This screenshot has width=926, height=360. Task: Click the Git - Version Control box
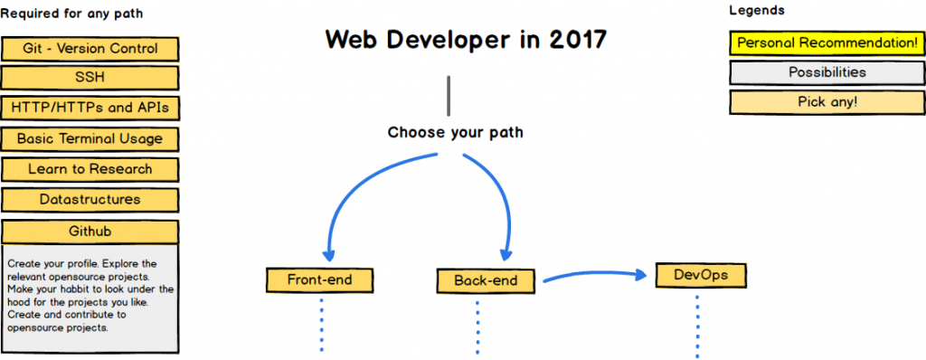pyautogui.click(x=90, y=48)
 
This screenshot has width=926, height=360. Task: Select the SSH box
pyautogui.click(x=90, y=78)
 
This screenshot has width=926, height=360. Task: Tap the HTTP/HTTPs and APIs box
pyautogui.click(x=90, y=108)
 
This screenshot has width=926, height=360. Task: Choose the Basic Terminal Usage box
pyautogui.click(x=90, y=138)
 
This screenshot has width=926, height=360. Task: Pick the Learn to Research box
pyautogui.click(x=90, y=169)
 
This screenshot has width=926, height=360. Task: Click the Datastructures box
pyautogui.click(x=90, y=200)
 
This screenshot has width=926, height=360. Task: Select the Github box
pyautogui.click(x=90, y=232)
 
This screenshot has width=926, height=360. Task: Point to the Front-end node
pyautogui.click(x=319, y=279)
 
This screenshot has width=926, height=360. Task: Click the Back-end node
pyautogui.click(x=486, y=280)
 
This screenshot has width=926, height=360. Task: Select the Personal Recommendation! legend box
pyautogui.click(x=827, y=43)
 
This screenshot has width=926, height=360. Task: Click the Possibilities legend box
pyautogui.click(x=827, y=72)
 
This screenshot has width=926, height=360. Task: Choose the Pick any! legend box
pyautogui.click(x=827, y=102)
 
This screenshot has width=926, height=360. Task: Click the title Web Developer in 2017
pyautogui.click(x=466, y=40)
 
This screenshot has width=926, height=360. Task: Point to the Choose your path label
pyautogui.click(x=455, y=133)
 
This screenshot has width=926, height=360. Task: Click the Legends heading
pyautogui.click(x=756, y=11)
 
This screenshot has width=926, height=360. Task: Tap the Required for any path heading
pyautogui.click(x=71, y=14)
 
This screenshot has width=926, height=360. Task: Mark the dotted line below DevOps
pyautogui.click(x=697, y=326)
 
